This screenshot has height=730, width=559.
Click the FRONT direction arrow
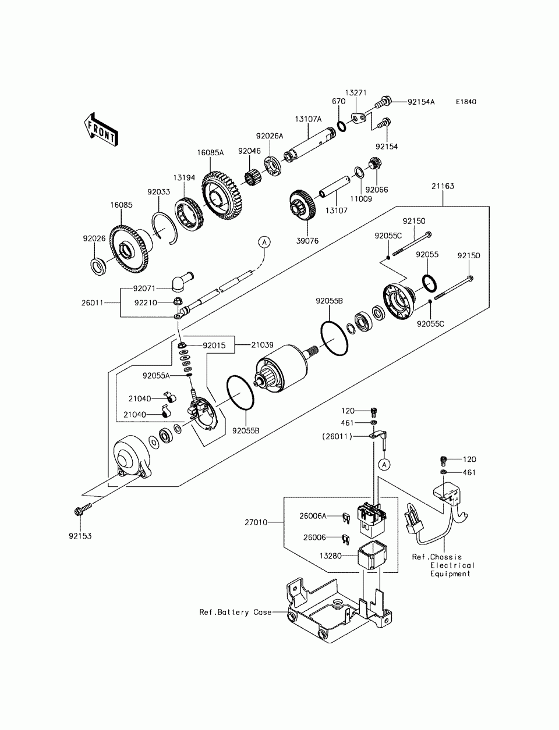point(101,129)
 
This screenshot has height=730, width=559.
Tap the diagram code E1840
point(466,102)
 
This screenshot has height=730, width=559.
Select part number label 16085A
point(210,152)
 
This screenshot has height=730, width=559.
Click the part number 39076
point(307,241)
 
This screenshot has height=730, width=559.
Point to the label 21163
point(443,186)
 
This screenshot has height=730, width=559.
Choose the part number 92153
point(80,536)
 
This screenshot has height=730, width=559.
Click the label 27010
point(256,522)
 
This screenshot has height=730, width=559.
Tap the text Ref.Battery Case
point(235,613)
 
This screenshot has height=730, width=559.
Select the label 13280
point(331,555)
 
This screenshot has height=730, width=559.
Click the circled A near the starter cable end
point(264,243)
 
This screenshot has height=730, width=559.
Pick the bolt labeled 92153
point(83,510)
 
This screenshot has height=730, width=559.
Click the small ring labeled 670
point(341,127)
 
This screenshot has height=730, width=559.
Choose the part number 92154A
point(421,102)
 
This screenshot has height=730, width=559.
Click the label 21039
point(262,345)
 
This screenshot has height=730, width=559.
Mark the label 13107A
point(308,119)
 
